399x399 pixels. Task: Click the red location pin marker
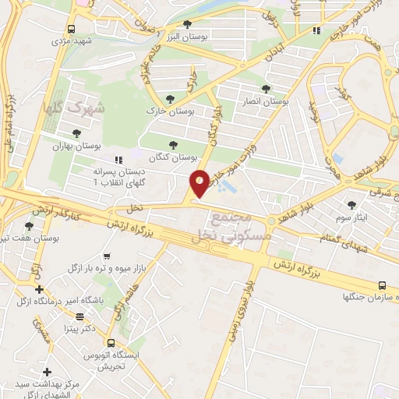click(x=199, y=182)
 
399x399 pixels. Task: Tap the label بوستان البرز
click(x=183, y=37)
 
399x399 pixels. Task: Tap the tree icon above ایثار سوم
click(x=352, y=203)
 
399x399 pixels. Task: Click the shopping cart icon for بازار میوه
click(x=106, y=255)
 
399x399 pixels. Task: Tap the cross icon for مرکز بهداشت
click(x=48, y=373)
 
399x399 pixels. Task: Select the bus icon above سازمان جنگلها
click(x=382, y=285)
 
